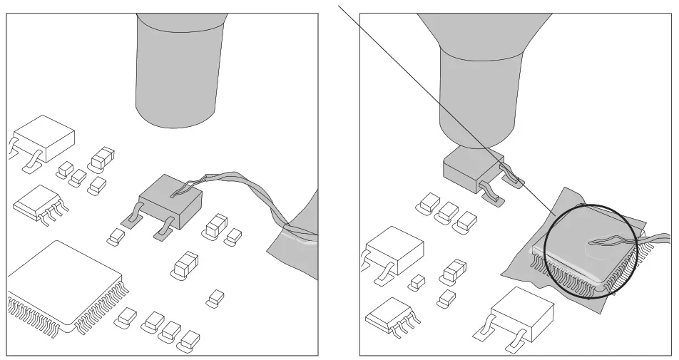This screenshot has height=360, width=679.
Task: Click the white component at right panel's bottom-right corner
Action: point(522,312)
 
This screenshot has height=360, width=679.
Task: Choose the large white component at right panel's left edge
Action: point(392,250)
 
